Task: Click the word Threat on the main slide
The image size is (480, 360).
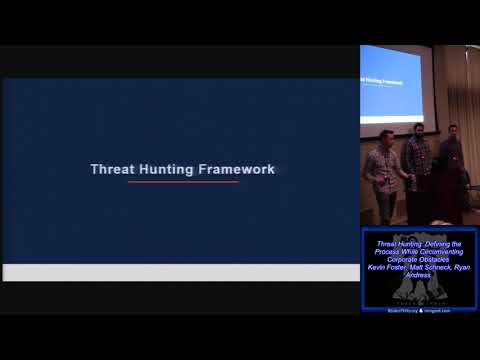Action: (110, 169)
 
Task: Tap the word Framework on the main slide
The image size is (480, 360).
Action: (235, 169)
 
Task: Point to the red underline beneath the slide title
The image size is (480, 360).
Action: (183, 182)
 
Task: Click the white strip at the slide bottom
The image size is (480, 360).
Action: (180, 272)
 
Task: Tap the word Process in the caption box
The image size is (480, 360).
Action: (388, 251)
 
